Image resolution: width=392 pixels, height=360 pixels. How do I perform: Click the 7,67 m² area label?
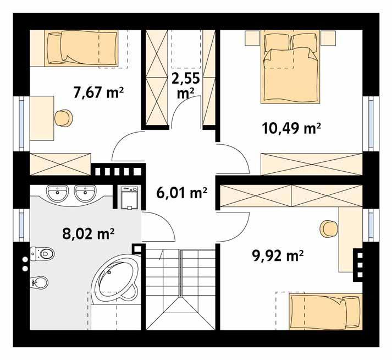coord(98,92)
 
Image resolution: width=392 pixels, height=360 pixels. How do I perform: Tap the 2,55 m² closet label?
coord(185,85)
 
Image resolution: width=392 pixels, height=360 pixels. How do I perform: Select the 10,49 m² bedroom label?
coord(291,128)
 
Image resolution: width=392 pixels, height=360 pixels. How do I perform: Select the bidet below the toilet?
coord(40,283)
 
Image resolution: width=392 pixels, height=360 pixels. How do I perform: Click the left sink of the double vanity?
coord(57,193)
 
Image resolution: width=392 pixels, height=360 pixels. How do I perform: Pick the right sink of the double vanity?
coord(83,193)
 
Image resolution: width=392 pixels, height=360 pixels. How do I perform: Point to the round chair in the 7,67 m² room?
coord(62,117)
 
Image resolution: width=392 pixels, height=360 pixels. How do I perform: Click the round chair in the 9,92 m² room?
coord(329,227)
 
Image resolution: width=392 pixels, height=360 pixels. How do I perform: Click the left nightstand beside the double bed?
coord(252,38)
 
